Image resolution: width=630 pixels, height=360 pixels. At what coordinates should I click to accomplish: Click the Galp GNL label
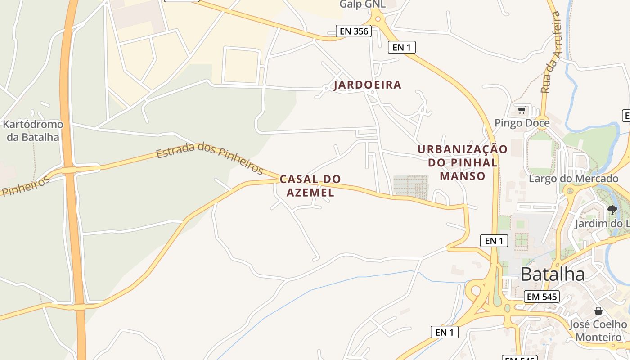pyautogui.click(x=362, y=4)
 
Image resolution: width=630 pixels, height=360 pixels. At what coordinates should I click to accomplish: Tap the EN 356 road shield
pyautogui.click(x=353, y=31)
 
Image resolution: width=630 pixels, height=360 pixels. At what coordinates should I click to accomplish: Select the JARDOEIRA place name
pyautogui.click(x=367, y=85)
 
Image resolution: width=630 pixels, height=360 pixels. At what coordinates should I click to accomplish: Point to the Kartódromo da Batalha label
pyautogui.click(x=33, y=130)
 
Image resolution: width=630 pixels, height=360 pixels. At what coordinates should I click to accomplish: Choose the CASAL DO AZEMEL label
pyautogui.click(x=310, y=186)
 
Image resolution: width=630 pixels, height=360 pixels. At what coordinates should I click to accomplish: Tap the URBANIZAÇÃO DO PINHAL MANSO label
pyautogui.click(x=463, y=162)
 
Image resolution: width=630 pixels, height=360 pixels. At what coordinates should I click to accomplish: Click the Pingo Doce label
pyautogui.click(x=522, y=123)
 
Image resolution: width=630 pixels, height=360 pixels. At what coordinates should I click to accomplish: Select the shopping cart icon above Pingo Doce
pyautogui.click(x=522, y=110)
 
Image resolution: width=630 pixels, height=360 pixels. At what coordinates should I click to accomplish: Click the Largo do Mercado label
pyautogui.click(x=573, y=179)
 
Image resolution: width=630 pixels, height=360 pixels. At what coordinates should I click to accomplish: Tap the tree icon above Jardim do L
pyautogui.click(x=612, y=210)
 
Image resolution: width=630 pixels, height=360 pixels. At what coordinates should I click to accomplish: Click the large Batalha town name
pyautogui.click(x=553, y=274)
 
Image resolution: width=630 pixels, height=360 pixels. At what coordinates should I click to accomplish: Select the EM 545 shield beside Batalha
pyautogui.click(x=542, y=297)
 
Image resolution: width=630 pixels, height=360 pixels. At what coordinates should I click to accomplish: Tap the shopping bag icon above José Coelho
pyautogui.click(x=598, y=311)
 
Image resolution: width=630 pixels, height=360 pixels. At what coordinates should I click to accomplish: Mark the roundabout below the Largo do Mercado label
pyautogui.click(x=569, y=191)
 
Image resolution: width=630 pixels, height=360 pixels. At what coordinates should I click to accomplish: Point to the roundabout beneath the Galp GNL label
pyautogui.click(x=377, y=18)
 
